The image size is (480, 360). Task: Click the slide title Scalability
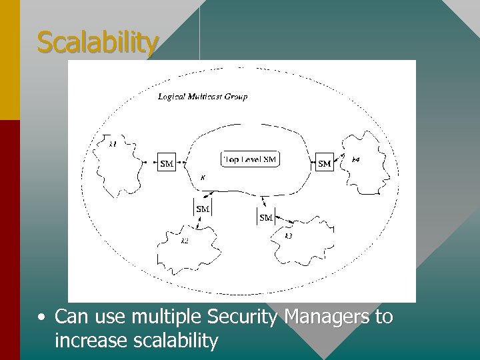coord(98,43)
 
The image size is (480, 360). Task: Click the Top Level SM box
coord(249,159)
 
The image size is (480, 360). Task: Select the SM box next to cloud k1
coord(167,163)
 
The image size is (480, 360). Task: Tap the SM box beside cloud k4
coord(324,163)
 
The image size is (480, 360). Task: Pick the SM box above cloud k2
coord(203,209)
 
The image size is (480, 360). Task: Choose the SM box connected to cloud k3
coord(265,217)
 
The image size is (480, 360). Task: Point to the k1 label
coord(113,143)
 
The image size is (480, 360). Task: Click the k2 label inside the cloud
coord(185,241)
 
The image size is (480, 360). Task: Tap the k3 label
coord(288,236)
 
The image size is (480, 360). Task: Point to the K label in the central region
coord(203,178)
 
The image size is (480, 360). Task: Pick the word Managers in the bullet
coord(326,317)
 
